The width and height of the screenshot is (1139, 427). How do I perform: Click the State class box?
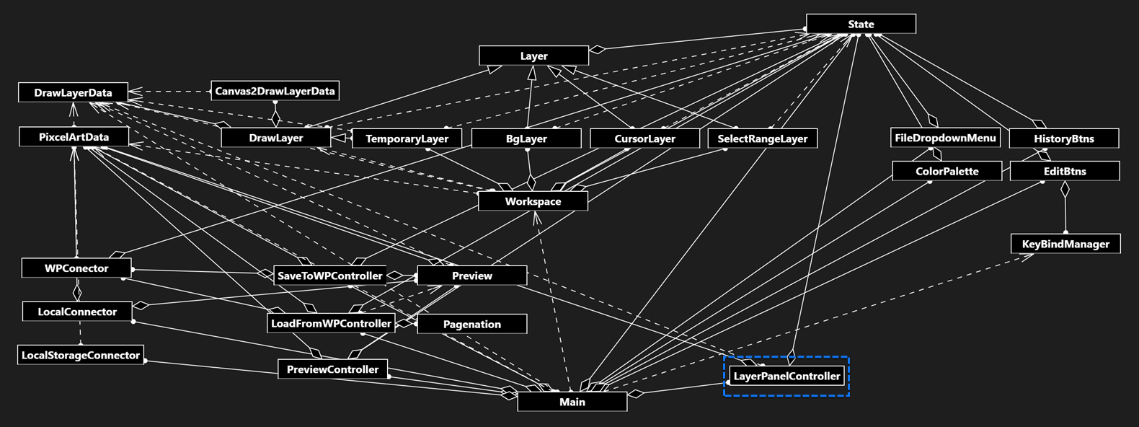coord(861,24)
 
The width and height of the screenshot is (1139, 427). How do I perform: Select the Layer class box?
coord(533,56)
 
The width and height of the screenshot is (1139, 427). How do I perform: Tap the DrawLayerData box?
coord(73,92)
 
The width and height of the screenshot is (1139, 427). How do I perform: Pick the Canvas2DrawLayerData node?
coord(275,91)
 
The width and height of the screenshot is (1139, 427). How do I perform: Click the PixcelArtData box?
coord(74,136)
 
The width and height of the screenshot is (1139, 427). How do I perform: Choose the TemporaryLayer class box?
coord(407,138)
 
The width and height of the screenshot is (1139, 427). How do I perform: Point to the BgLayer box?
coord(526,138)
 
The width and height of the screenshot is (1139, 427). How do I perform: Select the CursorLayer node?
coord(644,138)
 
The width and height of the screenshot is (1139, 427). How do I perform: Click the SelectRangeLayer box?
coord(762,138)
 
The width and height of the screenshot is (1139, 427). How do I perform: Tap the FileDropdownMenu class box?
coord(944,138)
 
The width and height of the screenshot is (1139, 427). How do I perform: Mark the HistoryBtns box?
coord(1063,138)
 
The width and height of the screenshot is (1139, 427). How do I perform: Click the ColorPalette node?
coord(947,171)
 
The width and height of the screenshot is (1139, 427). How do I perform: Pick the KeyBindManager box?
coord(1065,244)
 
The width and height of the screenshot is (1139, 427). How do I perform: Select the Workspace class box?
coord(533,201)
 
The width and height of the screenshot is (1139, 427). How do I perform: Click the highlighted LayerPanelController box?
coord(786,376)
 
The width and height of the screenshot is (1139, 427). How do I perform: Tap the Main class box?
coord(572,402)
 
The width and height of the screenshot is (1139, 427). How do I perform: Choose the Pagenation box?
coord(471,324)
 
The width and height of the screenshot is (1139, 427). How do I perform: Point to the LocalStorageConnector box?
coord(81,355)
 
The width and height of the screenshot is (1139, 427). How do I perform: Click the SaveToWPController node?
coord(329,276)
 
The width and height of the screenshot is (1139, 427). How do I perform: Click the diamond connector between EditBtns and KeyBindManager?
coord(1065,190)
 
